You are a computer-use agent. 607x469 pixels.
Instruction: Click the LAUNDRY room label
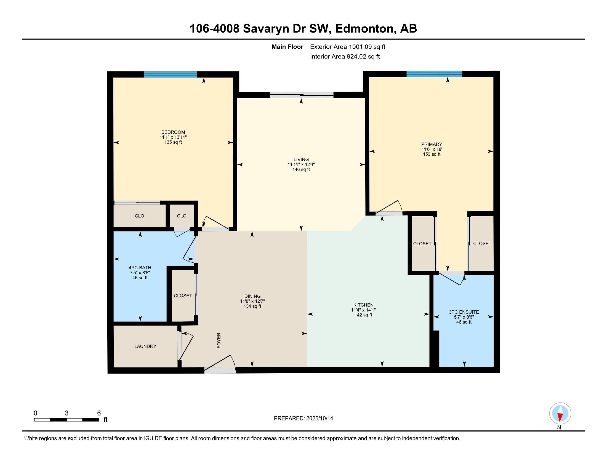coord(145,346)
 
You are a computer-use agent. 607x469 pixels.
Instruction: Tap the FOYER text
coord(219,340)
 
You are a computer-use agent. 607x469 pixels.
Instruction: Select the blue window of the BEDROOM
coord(170,74)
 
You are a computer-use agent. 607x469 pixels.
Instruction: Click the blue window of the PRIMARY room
coord(434,74)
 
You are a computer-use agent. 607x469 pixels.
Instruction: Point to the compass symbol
coord(560,413)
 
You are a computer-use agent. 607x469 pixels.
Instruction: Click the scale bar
coord(67,420)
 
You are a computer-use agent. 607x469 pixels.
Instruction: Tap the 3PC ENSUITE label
coord(464,312)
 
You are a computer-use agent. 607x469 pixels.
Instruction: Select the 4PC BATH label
coord(140,268)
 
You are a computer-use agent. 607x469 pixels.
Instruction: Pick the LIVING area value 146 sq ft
coord(301,169)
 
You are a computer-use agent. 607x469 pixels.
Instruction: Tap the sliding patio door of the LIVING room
coord(301,95)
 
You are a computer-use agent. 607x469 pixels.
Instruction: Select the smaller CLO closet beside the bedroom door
coord(182,216)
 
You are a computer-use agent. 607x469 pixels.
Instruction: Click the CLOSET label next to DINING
coord(183,296)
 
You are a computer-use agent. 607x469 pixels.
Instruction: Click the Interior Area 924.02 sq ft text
coord(345,57)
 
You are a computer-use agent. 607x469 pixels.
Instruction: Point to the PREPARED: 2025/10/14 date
coord(303,419)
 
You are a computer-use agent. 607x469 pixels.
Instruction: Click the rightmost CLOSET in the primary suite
coord(482,243)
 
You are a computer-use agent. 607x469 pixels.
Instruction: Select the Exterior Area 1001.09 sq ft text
coord(347,47)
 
